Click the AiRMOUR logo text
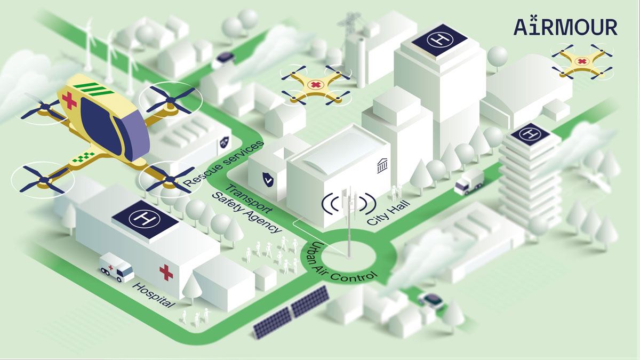565,26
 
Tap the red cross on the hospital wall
166,273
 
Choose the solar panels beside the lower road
291,311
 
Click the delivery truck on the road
469,182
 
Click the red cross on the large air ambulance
69,100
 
